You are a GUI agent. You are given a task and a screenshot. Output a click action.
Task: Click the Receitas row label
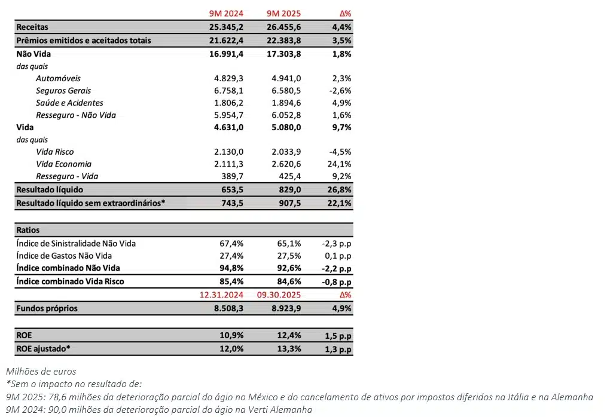(32, 27)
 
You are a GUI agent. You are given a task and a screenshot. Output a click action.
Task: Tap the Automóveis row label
(58, 78)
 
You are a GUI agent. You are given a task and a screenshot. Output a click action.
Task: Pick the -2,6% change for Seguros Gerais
(339, 91)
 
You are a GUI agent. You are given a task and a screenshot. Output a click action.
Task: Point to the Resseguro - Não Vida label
(76, 115)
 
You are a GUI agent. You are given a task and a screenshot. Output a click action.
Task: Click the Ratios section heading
(28, 229)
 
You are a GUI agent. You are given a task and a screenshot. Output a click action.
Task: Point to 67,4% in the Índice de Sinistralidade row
(230, 243)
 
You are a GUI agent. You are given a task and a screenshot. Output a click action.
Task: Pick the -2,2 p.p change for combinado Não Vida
(335, 268)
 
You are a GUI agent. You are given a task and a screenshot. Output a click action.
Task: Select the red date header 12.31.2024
(221, 295)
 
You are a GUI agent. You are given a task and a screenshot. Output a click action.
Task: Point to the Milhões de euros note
(41, 371)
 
